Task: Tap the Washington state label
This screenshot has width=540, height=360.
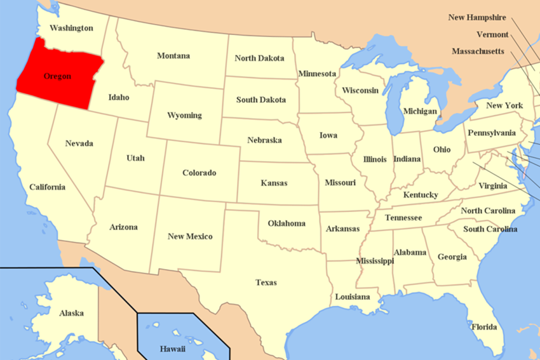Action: pos(71,28)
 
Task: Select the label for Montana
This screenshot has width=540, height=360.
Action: pos(173,56)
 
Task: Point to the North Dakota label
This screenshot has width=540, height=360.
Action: pos(259,58)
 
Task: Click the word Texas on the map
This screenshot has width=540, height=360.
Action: pos(266,283)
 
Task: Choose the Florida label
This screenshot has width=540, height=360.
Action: pos(484,327)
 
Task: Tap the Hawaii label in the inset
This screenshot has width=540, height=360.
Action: pos(172,349)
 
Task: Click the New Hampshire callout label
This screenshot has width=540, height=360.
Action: pos(477,18)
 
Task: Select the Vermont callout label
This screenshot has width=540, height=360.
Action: pos(492,34)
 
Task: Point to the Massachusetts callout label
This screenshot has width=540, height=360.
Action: pos(478,51)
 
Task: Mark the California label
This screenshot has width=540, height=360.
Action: pos(47,187)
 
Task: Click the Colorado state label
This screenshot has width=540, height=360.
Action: pos(199,173)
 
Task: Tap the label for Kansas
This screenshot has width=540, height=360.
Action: pos(274,183)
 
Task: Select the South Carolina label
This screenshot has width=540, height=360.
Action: pos(490,229)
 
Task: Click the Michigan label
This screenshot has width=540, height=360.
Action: pos(420,111)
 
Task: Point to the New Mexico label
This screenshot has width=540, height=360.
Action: pos(190,237)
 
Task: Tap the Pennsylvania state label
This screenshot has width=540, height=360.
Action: pos(492,133)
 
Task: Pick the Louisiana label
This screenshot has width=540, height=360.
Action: pos(353,297)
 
